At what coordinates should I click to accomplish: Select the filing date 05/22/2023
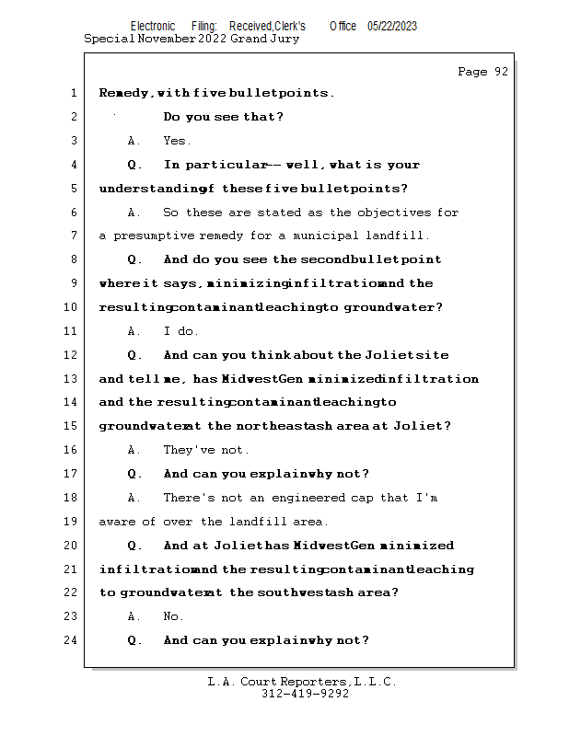coord(392,27)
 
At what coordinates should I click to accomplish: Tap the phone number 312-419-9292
coord(305,694)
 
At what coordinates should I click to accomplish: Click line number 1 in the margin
coord(72,93)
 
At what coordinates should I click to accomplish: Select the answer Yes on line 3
coord(177,141)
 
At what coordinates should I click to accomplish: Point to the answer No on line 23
coord(173,616)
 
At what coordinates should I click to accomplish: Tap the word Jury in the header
coord(283,40)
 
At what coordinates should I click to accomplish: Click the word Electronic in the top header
coord(153,27)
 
